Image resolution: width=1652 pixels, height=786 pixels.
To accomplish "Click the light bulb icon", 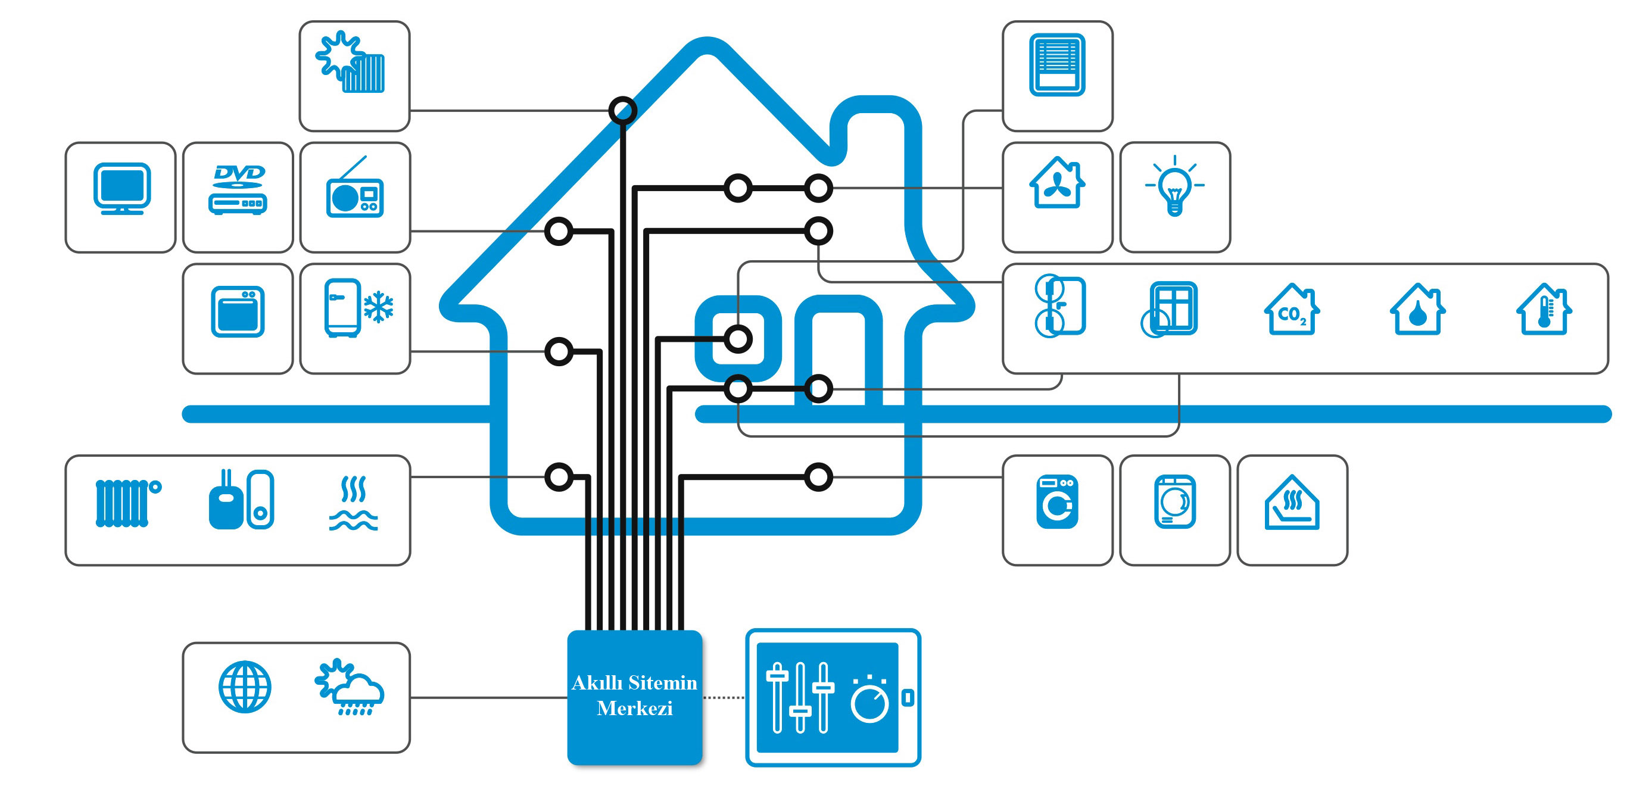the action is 1174,185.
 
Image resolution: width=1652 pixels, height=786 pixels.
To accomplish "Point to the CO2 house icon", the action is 1292,310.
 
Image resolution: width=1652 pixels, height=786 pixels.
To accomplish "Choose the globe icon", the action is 245,687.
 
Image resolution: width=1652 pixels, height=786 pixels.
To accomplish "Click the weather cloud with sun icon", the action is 350,687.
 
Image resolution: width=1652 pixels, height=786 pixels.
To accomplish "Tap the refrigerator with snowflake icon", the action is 359,308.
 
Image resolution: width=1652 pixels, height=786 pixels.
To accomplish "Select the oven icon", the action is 238,311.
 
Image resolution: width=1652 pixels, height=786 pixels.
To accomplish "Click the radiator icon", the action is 127,503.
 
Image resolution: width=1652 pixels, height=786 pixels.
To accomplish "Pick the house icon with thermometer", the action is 1544,310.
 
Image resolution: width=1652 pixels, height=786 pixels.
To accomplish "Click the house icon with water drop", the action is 1418,310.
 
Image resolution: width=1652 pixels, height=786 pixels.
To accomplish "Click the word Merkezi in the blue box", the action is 634,708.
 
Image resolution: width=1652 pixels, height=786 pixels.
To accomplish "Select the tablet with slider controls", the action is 833,697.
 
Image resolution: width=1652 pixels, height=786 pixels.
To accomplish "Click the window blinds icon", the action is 1057,65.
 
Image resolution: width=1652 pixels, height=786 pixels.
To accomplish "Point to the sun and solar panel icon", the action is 350,61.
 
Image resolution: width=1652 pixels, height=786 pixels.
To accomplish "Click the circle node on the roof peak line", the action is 623,110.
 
